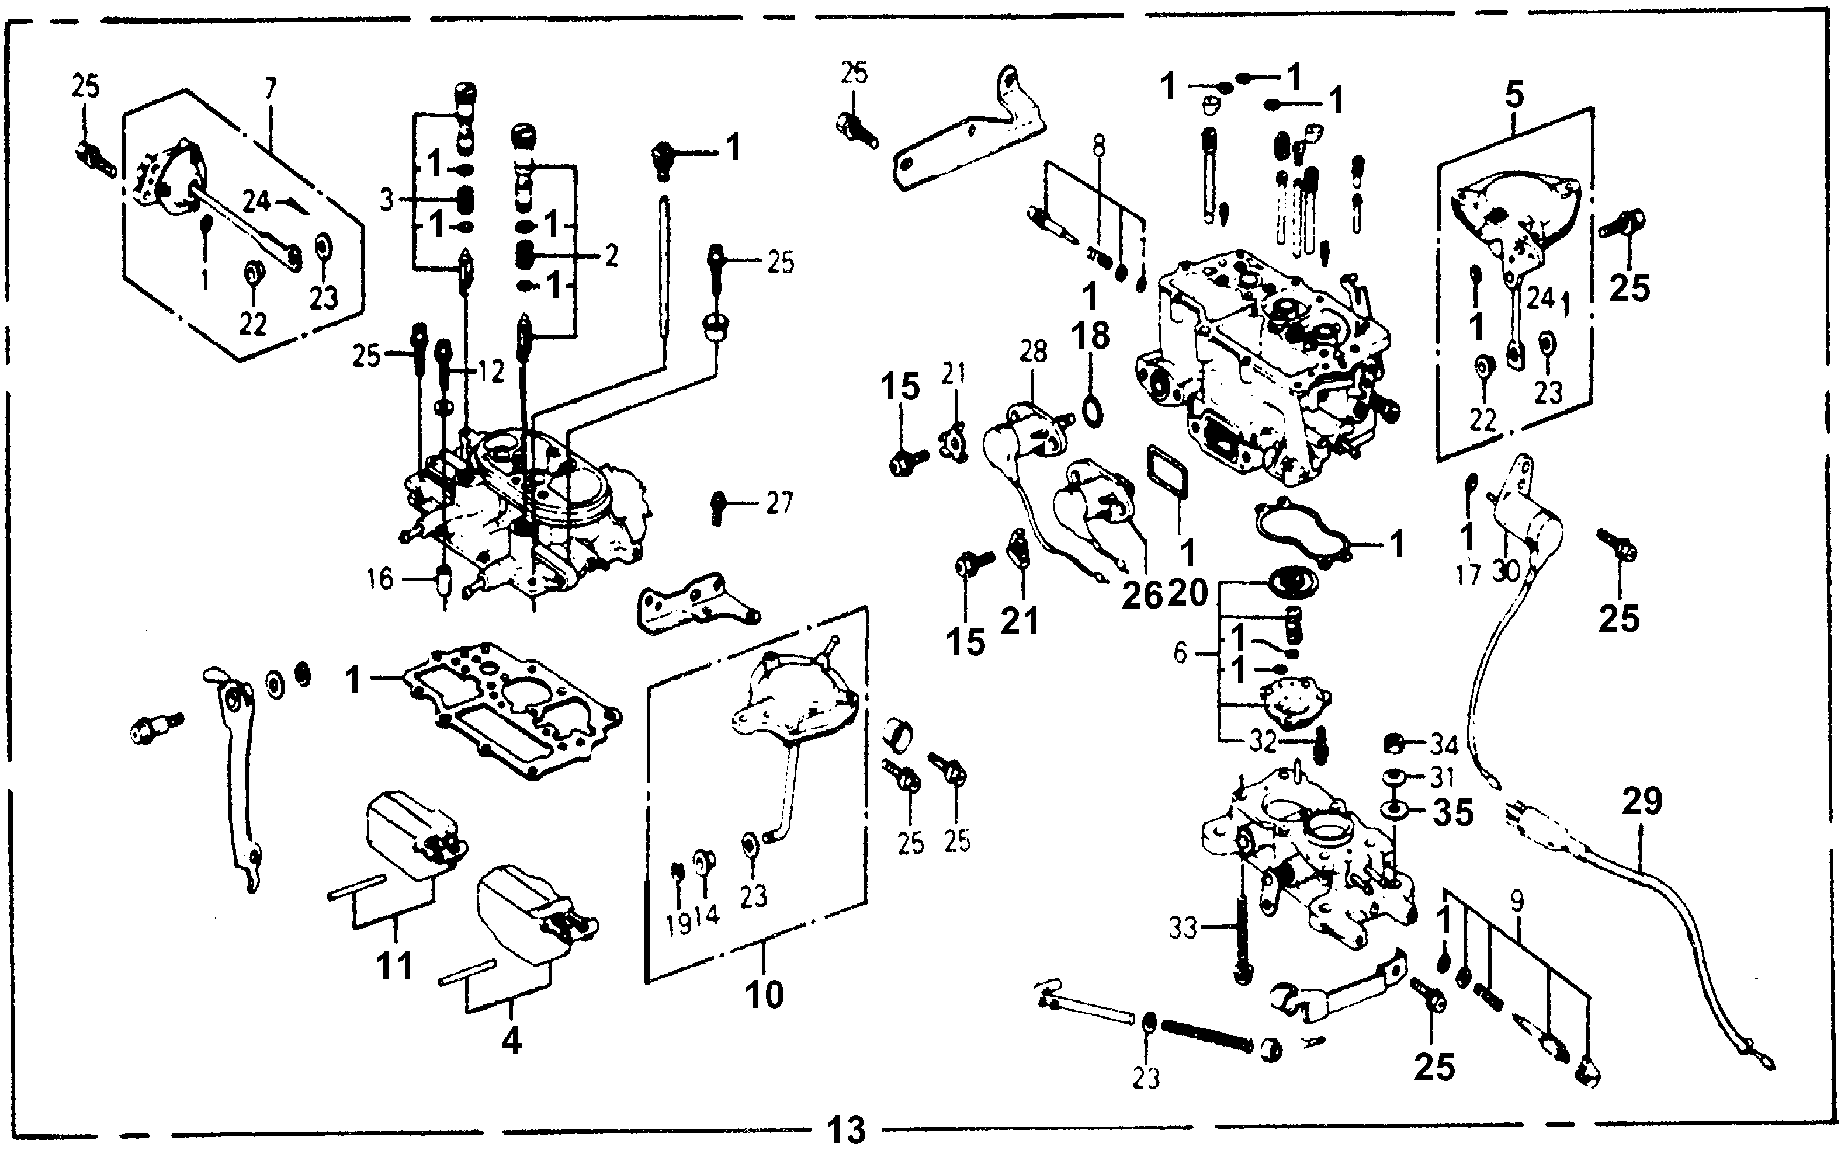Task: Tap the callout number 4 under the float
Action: pyautogui.click(x=511, y=1040)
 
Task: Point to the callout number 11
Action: pyautogui.click(x=394, y=965)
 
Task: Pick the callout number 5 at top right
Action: pyautogui.click(x=1514, y=95)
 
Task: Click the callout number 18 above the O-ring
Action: pyautogui.click(x=1090, y=336)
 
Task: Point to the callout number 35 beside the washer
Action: pyautogui.click(x=1452, y=814)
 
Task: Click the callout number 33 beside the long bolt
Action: pyautogui.click(x=1183, y=929)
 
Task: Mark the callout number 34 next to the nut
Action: pyautogui.click(x=1443, y=744)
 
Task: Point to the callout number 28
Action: pyautogui.click(x=1033, y=352)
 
